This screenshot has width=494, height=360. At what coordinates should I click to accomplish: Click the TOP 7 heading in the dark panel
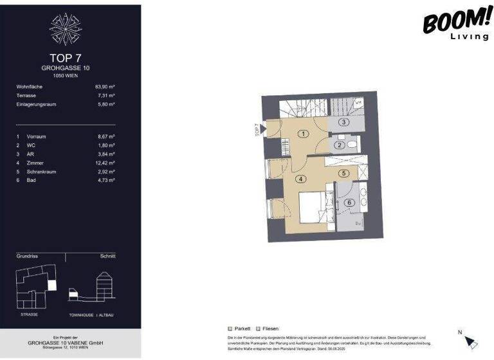coord(65,57)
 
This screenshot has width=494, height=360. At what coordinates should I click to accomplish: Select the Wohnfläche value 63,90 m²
coord(104,86)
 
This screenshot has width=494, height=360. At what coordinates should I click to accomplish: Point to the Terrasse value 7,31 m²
coord(105,95)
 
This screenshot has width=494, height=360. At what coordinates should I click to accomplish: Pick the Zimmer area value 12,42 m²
coord(104,163)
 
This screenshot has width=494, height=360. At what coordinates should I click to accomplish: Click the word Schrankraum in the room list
coord(41,172)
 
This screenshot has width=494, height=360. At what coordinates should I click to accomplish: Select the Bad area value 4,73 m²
coord(105,181)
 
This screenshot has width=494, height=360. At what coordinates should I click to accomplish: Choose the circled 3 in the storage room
coord(344,122)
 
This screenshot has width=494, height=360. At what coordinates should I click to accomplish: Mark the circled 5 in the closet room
coord(344,173)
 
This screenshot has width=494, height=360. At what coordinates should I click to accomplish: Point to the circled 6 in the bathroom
coord(349,203)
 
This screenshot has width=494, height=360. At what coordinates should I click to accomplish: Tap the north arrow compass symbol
coord(471,342)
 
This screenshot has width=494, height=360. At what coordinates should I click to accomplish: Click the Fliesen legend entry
coord(268,328)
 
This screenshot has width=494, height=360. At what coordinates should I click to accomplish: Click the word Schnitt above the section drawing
coord(107,256)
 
